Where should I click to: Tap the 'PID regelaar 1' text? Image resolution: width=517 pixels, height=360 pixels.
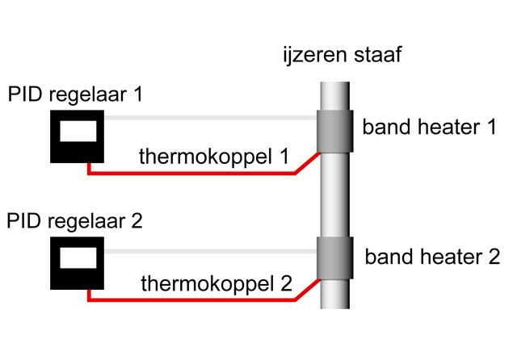[x=75, y=95]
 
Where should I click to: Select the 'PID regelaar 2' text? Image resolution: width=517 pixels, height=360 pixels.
[x=75, y=220]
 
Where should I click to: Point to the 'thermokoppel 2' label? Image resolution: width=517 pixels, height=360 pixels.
[x=216, y=283]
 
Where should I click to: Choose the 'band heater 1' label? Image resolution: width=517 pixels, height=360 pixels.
[x=428, y=128]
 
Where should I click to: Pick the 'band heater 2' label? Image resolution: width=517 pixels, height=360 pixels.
[x=432, y=257]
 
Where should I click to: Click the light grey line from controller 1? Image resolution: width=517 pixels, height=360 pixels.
[x=210, y=119]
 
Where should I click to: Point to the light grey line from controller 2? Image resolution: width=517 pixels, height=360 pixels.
[x=210, y=252]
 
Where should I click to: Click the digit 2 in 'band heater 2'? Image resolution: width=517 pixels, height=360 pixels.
[x=492, y=257]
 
